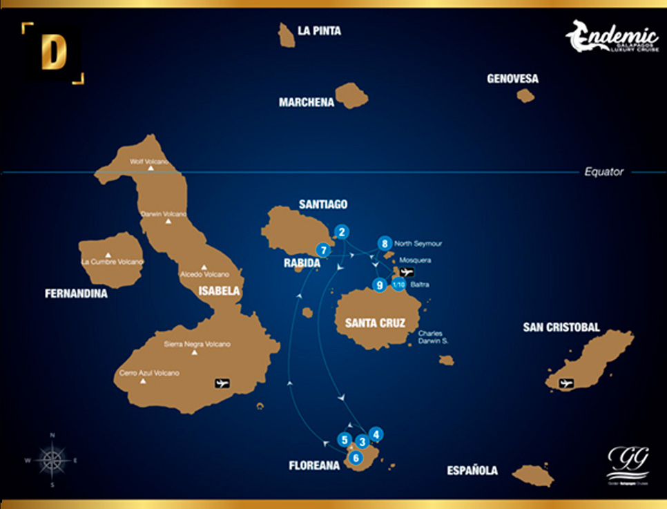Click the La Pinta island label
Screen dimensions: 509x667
point(319,31)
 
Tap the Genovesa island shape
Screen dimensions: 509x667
point(525,95)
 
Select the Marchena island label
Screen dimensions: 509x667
point(307,102)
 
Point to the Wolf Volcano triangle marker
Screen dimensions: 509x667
point(151,168)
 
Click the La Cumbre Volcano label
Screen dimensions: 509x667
point(112,262)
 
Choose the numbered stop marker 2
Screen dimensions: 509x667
point(341,232)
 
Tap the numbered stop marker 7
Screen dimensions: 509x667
point(322,249)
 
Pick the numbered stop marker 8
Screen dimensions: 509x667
point(385,243)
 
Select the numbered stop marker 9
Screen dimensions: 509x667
point(379,285)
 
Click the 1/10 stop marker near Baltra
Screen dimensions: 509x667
point(398,284)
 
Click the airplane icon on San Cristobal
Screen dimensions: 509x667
point(567,383)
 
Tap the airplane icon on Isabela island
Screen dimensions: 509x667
point(222,383)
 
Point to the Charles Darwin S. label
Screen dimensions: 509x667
point(433,337)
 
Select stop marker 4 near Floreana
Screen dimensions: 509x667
point(375,434)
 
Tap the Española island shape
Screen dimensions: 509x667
point(533,475)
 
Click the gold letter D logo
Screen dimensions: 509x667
point(54,53)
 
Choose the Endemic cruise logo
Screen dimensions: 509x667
point(612,37)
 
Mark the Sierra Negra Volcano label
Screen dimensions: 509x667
point(197,344)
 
